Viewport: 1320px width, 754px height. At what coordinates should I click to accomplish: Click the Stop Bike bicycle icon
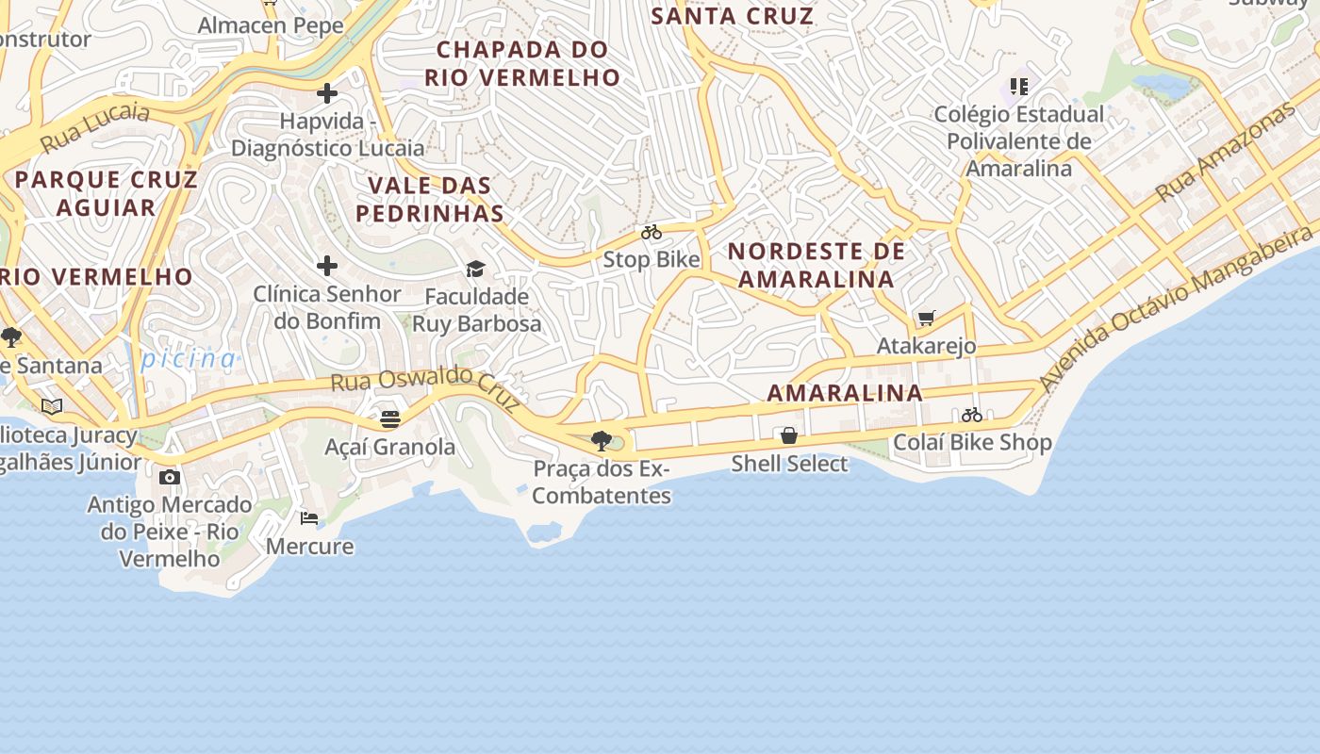click(652, 232)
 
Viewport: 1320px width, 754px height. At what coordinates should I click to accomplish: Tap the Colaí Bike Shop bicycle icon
click(972, 415)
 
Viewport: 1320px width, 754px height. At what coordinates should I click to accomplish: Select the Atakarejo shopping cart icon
click(927, 319)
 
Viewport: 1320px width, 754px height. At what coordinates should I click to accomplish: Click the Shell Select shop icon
click(789, 435)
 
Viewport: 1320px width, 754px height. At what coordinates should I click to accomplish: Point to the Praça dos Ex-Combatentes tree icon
click(601, 440)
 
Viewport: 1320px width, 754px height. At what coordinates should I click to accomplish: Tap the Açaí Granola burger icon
click(390, 419)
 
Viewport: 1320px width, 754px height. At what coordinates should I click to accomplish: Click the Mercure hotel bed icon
click(309, 518)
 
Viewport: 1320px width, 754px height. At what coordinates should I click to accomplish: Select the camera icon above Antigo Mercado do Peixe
click(170, 477)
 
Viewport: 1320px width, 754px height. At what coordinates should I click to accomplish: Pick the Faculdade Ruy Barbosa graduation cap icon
click(476, 270)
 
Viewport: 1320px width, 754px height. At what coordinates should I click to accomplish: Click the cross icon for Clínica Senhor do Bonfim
click(327, 267)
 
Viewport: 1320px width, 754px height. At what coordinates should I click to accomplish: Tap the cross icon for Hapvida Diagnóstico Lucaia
click(327, 93)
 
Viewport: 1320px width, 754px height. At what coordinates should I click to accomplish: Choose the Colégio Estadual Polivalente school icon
click(1019, 87)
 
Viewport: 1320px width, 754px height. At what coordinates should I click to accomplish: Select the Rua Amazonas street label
click(1226, 152)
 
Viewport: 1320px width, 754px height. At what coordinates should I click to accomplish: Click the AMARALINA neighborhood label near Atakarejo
click(845, 393)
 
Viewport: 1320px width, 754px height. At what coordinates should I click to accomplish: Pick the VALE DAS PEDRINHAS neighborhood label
click(430, 199)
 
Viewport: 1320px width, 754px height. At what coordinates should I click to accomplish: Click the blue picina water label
click(189, 358)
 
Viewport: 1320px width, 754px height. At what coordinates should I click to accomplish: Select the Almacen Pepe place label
click(271, 25)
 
